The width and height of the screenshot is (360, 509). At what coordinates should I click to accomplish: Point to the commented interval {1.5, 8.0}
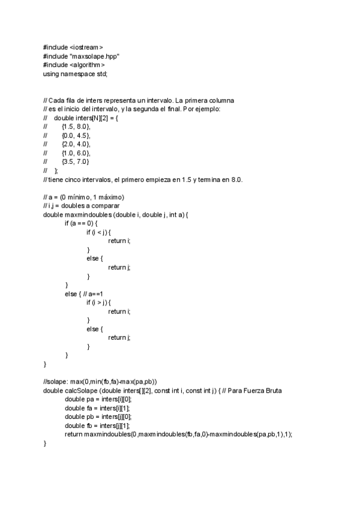(76, 126)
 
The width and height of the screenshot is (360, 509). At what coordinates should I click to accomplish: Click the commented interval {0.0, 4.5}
(76, 135)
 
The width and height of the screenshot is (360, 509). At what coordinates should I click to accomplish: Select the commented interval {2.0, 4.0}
(76, 144)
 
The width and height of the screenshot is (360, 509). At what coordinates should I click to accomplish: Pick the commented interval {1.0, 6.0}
(76, 153)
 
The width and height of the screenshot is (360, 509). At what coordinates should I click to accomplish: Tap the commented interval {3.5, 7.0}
(76, 161)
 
